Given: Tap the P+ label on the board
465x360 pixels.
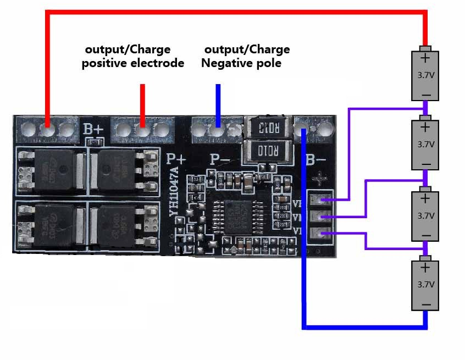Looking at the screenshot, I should [x=176, y=159].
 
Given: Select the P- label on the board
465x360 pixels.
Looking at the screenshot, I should [x=220, y=159].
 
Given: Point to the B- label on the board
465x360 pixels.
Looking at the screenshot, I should [x=315, y=160].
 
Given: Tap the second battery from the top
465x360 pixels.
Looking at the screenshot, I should [x=425, y=144].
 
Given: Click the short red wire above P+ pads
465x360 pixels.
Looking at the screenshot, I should [x=143, y=102].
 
